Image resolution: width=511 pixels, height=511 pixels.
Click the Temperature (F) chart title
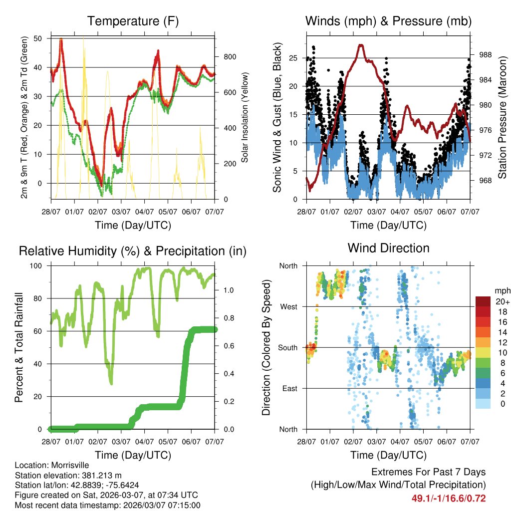[133, 21]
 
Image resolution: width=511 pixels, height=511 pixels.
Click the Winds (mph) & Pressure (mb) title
[388, 21]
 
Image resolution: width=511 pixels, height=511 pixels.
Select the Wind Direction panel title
[388, 248]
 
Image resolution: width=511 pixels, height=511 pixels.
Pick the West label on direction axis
[289, 307]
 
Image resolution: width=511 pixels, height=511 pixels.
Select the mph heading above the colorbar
[502, 291]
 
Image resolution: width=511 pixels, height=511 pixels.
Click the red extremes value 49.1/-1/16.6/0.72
[449, 498]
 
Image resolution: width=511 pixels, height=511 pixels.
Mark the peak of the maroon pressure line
[361, 45]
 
